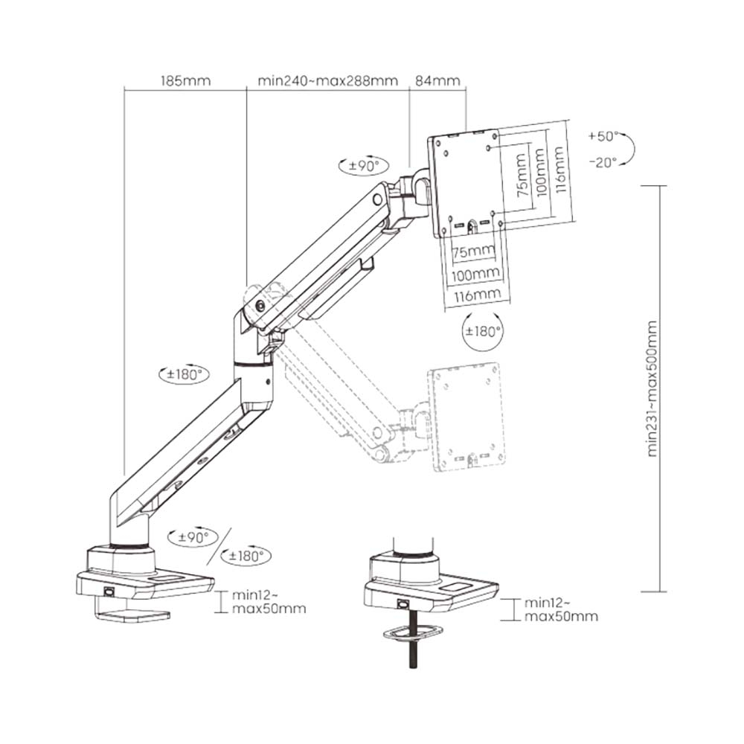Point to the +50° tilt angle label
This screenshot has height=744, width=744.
point(603,137)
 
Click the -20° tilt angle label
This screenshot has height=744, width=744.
point(603,162)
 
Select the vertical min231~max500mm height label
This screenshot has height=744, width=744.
point(652,388)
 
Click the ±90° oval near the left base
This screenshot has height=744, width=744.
point(189,536)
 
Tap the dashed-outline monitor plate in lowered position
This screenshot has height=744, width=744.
point(466,417)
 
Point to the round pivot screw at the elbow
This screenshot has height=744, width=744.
point(260,306)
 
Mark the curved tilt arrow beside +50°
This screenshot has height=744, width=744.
point(627,149)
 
